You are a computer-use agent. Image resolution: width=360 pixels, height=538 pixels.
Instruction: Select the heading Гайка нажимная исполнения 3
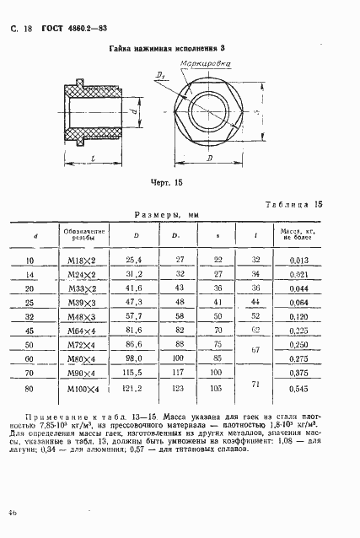pyautogui.click(x=159, y=50)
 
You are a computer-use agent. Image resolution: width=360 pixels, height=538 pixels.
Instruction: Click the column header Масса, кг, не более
pyautogui.click(x=297, y=234)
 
